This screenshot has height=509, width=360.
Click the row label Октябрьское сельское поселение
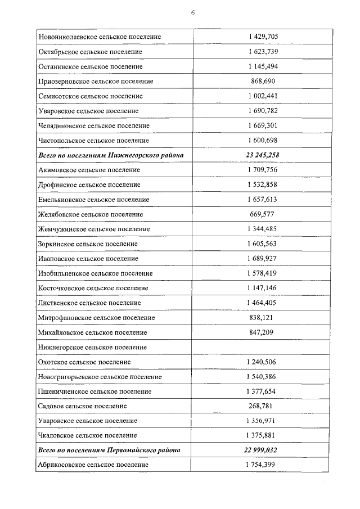(x=90, y=52)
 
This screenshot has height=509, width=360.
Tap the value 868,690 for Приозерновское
(x=262, y=81)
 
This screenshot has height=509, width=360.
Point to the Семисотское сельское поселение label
(x=90, y=96)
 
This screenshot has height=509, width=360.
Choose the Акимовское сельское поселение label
(x=89, y=170)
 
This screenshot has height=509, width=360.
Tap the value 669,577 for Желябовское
(x=262, y=214)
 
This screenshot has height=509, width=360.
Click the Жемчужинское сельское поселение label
(x=93, y=229)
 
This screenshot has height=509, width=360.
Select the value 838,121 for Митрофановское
(x=262, y=317)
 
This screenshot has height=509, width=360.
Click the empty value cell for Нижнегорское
(x=262, y=347)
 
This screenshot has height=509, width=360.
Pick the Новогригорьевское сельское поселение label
(x=100, y=376)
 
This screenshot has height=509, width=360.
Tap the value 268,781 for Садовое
(x=262, y=406)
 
